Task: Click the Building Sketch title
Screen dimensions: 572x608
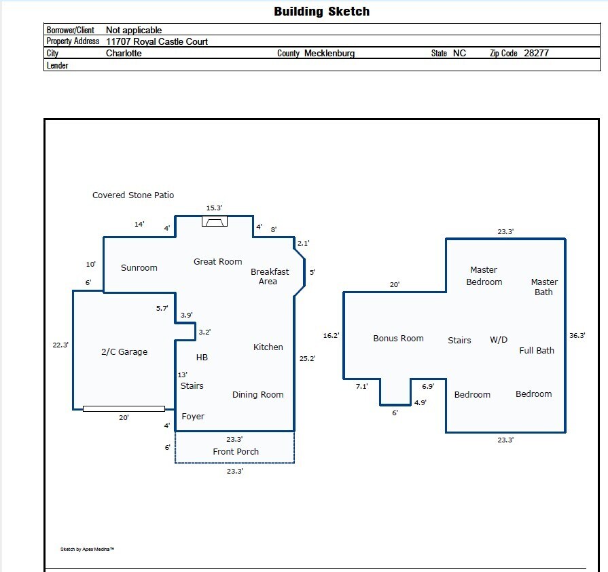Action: coord(321,12)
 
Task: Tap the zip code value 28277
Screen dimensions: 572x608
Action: coord(536,53)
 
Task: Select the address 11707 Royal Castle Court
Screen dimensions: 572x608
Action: coord(157,41)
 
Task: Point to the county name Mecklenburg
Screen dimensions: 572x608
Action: coord(329,53)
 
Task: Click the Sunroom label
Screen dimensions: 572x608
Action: coord(139,267)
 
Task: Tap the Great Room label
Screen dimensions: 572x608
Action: coord(217,261)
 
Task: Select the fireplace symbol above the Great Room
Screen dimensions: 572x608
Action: coord(215,221)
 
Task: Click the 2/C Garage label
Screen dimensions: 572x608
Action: coord(124,351)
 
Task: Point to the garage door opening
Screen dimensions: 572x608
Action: coord(124,408)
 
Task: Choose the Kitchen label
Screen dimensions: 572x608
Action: coord(268,347)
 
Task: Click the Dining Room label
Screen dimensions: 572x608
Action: coord(257,394)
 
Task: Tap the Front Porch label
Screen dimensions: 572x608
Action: coord(236,451)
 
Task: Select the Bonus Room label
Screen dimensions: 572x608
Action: coord(398,338)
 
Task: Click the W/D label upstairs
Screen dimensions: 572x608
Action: coord(499,340)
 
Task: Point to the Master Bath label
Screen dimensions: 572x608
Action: coord(544,287)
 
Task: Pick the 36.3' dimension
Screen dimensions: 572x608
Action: coord(577,335)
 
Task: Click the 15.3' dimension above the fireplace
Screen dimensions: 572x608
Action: coord(215,208)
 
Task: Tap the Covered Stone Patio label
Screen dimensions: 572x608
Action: coord(133,195)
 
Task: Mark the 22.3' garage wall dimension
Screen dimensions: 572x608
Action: coord(60,345)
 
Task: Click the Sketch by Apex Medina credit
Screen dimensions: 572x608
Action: coord(87,549)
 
